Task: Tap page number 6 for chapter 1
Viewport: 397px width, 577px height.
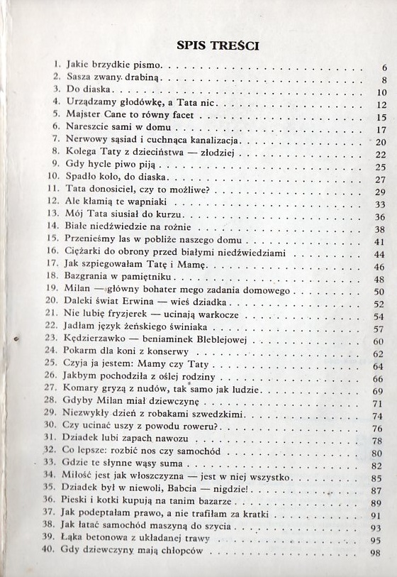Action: click(382, 68)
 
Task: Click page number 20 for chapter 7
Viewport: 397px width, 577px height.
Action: click(379, 142)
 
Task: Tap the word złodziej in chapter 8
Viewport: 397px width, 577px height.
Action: click(220, 154)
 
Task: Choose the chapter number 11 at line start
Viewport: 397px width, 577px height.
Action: click(53, 192)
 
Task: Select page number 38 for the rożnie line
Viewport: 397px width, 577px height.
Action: click(379, 229)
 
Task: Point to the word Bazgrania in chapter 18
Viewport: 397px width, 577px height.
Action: click(89, 280)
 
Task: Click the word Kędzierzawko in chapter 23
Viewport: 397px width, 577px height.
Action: click(96, 342)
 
